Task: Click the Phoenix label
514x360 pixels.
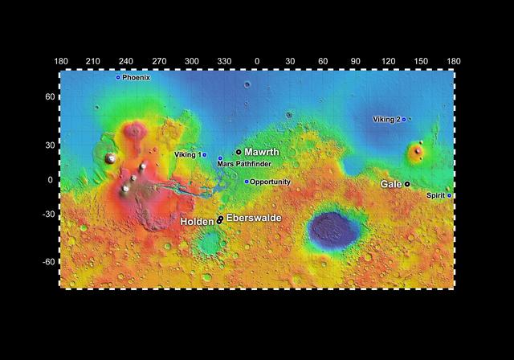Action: point(137,77)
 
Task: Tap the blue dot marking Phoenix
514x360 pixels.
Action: point(118,77)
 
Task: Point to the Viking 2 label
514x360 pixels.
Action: point(386,120)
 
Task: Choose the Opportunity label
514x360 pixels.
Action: point(270,182)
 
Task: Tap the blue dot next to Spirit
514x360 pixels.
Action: point(449,195)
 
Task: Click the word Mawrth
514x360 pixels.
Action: point(262,152)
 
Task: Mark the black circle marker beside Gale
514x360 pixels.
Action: point(407,184)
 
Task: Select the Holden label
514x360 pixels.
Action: point(197,221)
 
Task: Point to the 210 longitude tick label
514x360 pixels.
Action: point(93,61)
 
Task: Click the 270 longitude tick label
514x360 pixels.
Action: point(159,61)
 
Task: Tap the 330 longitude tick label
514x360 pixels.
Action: point(224,61)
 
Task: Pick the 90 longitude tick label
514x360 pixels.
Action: point(356,61)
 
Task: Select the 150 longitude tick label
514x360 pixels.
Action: point(421,61)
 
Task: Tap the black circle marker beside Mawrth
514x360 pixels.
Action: point(239,152)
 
